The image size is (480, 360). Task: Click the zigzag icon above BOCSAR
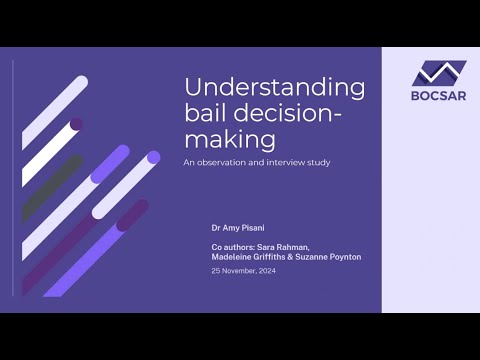click(x=438, y=73)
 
